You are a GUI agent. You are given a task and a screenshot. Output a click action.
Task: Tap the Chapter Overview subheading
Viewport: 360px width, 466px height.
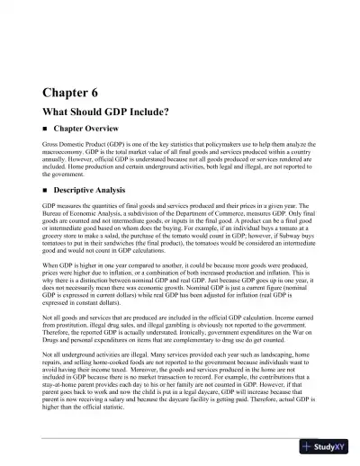coord(91,130)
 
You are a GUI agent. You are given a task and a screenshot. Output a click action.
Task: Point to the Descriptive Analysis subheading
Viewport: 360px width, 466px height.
coord(96,192)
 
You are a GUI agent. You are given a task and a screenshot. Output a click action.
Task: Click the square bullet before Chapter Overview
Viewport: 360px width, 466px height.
coord(45,130)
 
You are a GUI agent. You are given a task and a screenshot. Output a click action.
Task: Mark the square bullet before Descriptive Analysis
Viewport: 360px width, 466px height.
coord(45,192)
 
